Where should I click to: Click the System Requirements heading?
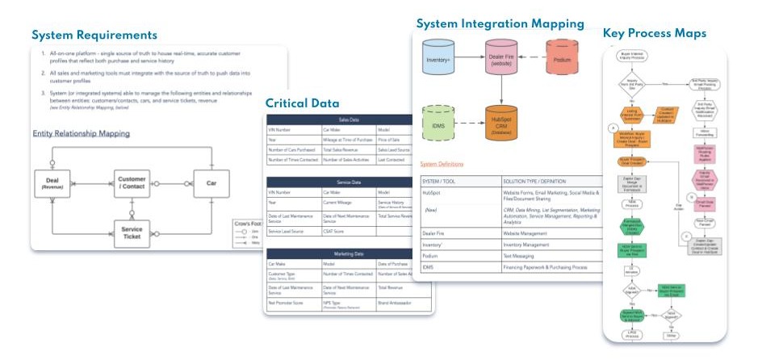point(94,35)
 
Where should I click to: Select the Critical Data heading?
point(304,104)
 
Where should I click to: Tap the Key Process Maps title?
point(655,33)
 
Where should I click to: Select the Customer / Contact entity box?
point(131,183)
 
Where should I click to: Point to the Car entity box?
point(211,183)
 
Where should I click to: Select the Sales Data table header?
point(350,119)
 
